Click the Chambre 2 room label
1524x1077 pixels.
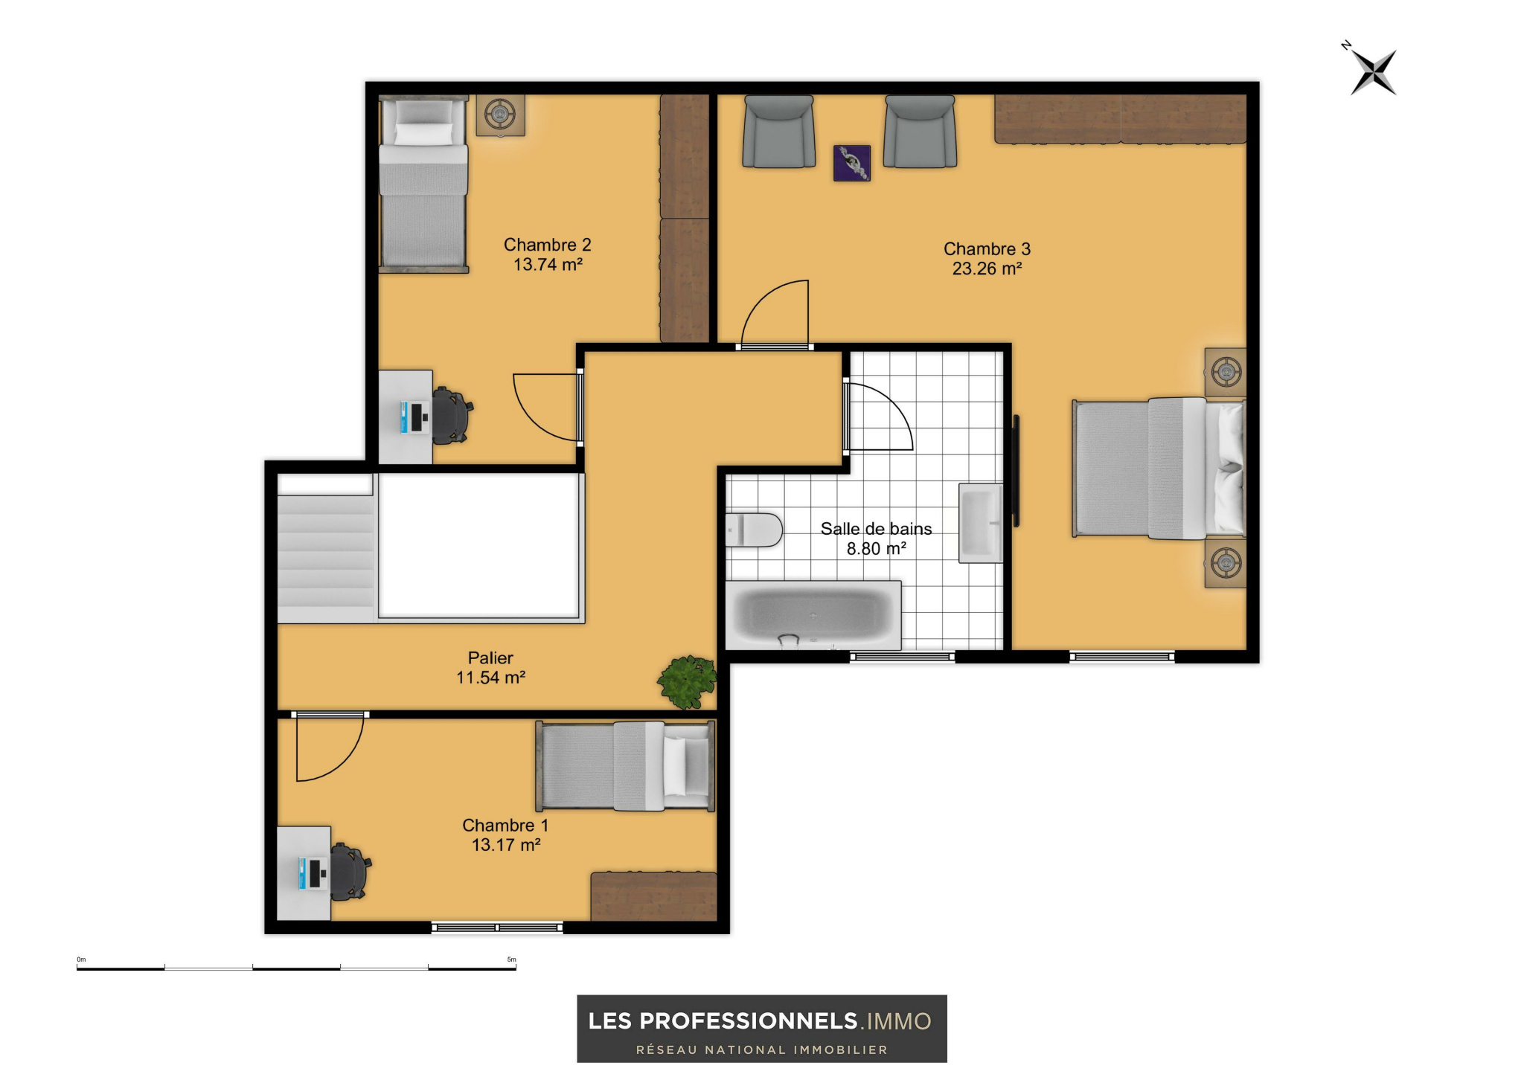click(547, 245)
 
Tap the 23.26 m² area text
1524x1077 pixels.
click(987, 269)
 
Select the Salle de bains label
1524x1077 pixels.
click(876, 529)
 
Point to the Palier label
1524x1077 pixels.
click(490, 658)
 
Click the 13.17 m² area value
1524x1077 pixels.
click(506, 845)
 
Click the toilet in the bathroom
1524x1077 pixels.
click(754, 530)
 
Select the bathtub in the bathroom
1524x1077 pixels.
click(813, 616)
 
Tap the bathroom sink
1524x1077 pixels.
click(981, 523)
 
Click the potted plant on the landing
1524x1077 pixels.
click(687, 681)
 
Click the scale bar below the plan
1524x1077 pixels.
click(296, 968)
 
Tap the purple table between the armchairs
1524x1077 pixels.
click(851, 163)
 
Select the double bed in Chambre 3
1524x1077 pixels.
click(1159, 469)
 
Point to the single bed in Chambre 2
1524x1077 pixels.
click(423, 184)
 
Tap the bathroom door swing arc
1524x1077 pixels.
click(880, 417)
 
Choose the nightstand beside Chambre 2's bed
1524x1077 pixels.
click(500, 115)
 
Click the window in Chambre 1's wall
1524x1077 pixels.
click(497, 927)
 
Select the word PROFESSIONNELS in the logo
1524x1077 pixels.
click(749, 1021)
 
